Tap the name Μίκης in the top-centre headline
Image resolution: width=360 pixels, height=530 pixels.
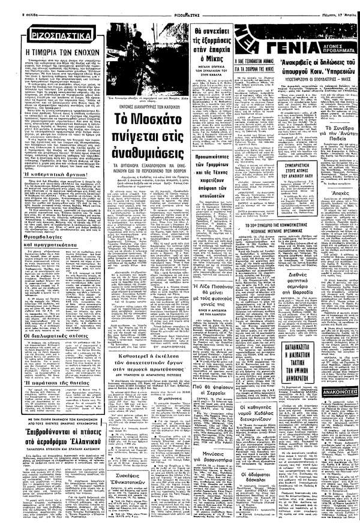(x=207, y=50)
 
